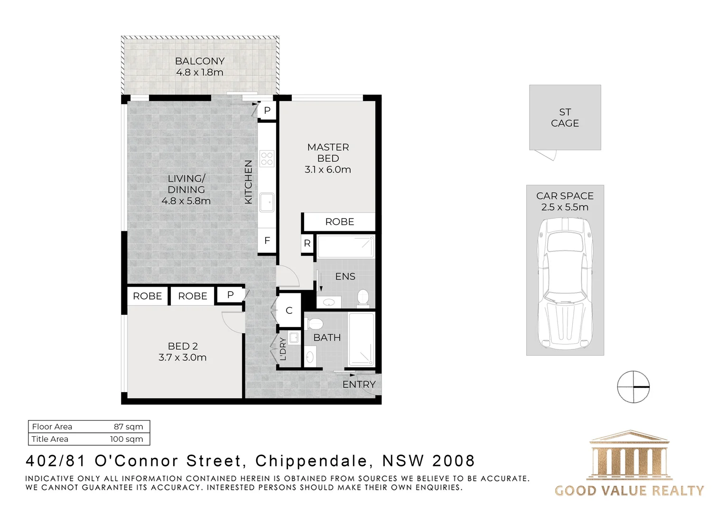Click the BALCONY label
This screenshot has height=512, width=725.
click(x=199, y=61)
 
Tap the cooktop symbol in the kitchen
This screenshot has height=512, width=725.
click(x=267, y=158)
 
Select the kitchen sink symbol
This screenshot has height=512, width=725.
click(x=266, y=202)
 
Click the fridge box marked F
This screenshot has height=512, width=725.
click(x=267, y=241)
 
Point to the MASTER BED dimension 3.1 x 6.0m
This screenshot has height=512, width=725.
click(x=328, y=170)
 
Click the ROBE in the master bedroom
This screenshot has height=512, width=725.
click(x=339, y=222)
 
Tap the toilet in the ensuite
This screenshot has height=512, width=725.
click(x=363, y=298)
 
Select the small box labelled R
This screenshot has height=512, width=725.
click(x=307, y=244)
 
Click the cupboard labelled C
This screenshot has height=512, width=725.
click(x=289, y=311)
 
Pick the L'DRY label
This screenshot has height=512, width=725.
click(x=283, y=349)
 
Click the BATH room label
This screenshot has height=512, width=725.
click(x=327, y=338)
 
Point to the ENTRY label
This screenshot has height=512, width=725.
click(x=359, y=384)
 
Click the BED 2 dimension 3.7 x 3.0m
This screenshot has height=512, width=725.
click(x=183, y=357)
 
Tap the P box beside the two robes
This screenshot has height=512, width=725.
click(x=230, y=295)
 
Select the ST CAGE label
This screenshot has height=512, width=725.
click(x=565, y=118)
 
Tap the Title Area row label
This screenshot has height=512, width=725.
click(x=50, y=439)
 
